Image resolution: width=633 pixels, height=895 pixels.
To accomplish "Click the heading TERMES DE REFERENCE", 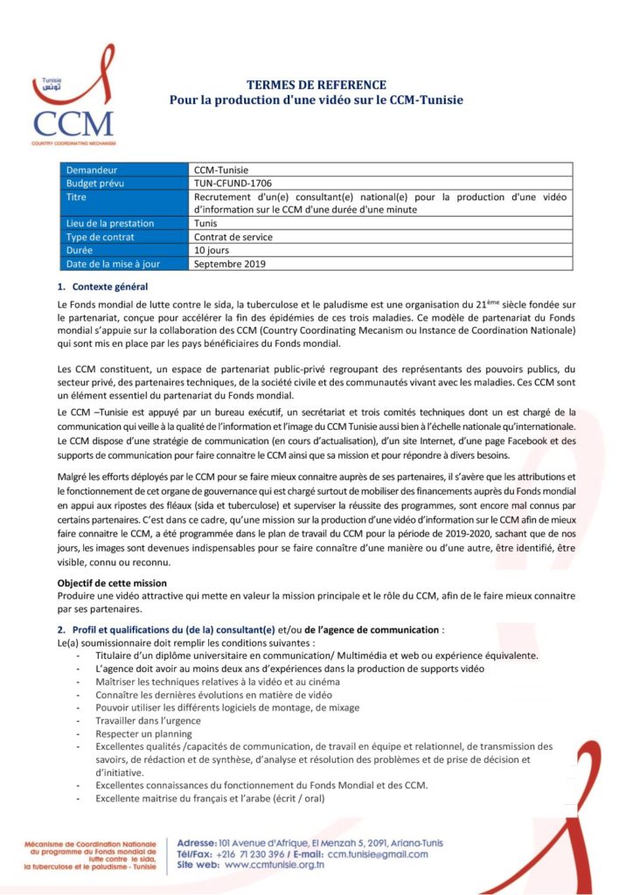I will pos(316,85).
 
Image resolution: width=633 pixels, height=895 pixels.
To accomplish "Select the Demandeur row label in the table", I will pos(92,170).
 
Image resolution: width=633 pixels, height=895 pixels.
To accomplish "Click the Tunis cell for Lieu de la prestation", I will pos(206,224).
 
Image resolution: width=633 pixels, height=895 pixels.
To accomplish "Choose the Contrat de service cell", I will pos(233,237).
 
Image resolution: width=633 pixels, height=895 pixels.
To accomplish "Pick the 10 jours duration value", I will pos(212,250).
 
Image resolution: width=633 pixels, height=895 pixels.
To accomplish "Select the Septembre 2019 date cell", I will pos(230,263).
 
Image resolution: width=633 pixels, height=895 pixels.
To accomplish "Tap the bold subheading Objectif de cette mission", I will pos(111,583).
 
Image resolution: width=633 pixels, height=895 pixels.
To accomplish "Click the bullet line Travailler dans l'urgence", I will pos(149,720).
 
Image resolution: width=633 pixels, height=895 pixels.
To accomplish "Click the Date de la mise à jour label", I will pos(115,263).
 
